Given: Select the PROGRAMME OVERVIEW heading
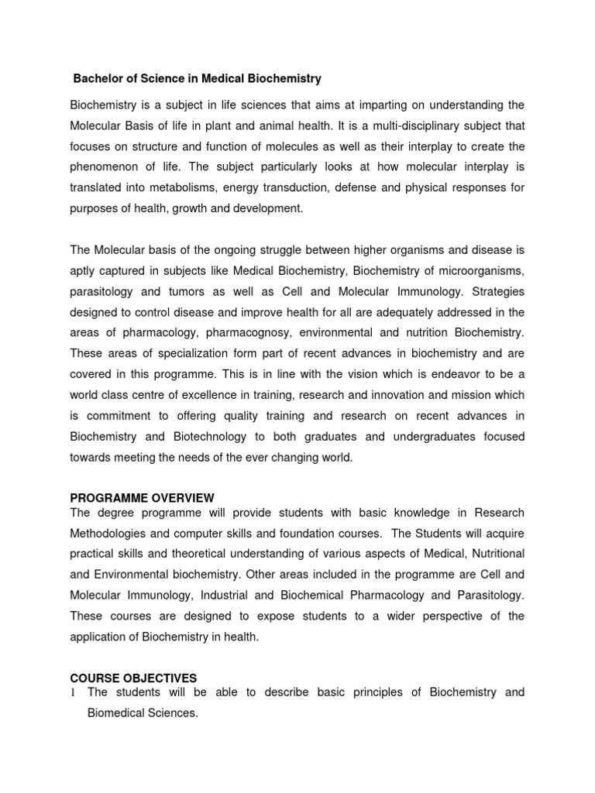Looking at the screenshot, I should tap(142, 497).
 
